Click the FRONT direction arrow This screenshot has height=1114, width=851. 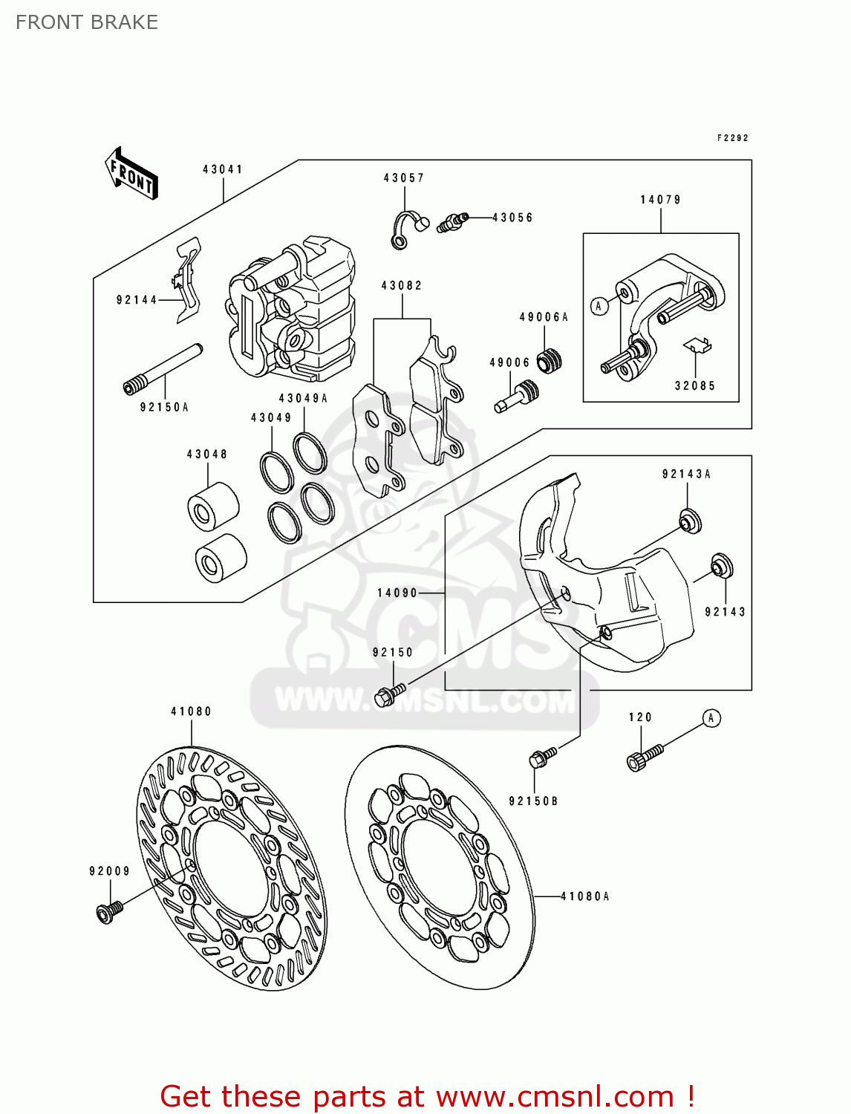(x=132, y=174)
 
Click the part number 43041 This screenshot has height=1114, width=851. (x=223, y=169)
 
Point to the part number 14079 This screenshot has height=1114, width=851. (x=660, y=200)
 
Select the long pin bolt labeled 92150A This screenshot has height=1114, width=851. (x=163, y=368)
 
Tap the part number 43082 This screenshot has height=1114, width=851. (x=402, y=286)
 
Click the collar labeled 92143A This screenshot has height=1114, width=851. (x=690, y=521)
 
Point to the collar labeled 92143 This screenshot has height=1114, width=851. (x=721, y=566)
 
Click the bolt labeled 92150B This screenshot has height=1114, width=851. (x=542, y=758)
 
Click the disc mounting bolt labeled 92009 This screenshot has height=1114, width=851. (x=108, y=911)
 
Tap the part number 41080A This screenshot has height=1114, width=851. (x=584, y=896)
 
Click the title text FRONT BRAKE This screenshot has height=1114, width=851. (x=87, y=22)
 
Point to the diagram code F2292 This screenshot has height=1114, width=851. (x=732, y=138)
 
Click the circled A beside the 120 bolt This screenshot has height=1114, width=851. (x=711, y=718)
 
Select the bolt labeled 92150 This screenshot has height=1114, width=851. (x=389, y=695)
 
